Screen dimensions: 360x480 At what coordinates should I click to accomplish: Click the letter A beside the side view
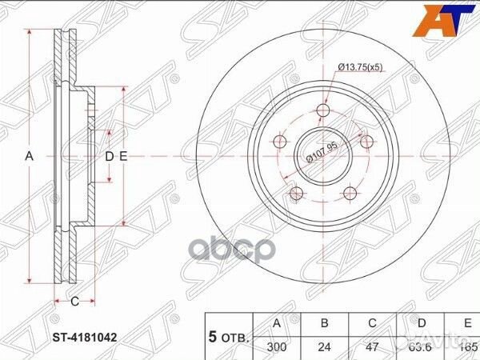tap(30, 157)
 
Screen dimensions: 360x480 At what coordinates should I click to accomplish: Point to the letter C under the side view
tap(74, 302)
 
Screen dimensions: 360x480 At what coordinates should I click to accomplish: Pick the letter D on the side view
tap(110, 157)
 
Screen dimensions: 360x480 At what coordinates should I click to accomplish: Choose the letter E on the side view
tap(123, 157)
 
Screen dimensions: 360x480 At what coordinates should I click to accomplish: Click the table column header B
tap(325, 324)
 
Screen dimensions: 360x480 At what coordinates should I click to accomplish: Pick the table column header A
tap(276, 324)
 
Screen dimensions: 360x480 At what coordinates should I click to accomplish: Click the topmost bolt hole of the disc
tap(324, 110)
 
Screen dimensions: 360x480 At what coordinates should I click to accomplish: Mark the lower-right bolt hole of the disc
tap(350, 194)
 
